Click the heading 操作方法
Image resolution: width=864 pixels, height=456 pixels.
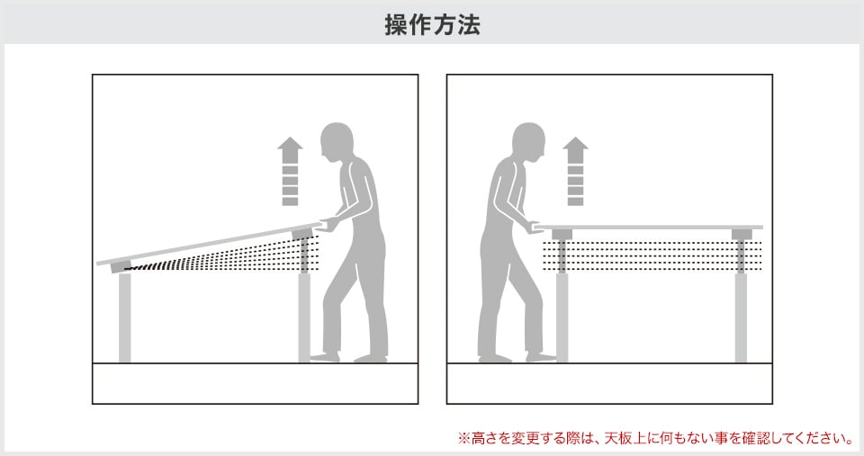[x=432, y=24]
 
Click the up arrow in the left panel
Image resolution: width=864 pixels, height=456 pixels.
[x=290, y=171]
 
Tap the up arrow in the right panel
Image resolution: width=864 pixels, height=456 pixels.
[x=575, y=171]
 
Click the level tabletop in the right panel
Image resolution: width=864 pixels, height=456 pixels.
[x=648, y=227]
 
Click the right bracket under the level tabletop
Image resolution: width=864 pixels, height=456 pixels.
[x=742, y=235]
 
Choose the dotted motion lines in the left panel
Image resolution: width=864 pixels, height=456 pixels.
[x=225, y=256]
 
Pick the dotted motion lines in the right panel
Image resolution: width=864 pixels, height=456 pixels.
[x=652, y=255]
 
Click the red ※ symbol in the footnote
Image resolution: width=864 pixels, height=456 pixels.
[x=464, y=439]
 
